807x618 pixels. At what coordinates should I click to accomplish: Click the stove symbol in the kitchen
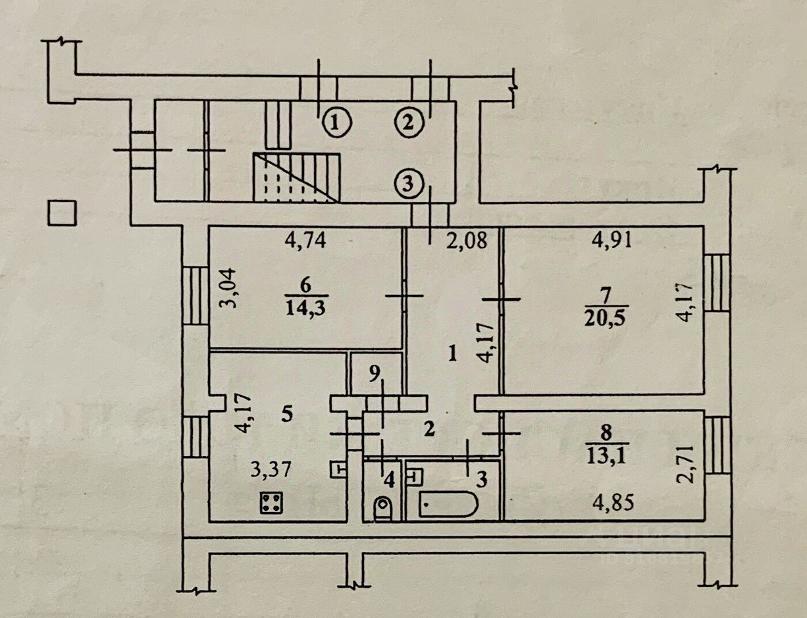point(271,503)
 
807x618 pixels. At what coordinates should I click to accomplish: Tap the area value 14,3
point(309,307)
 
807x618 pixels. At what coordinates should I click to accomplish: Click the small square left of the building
point(64,213)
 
